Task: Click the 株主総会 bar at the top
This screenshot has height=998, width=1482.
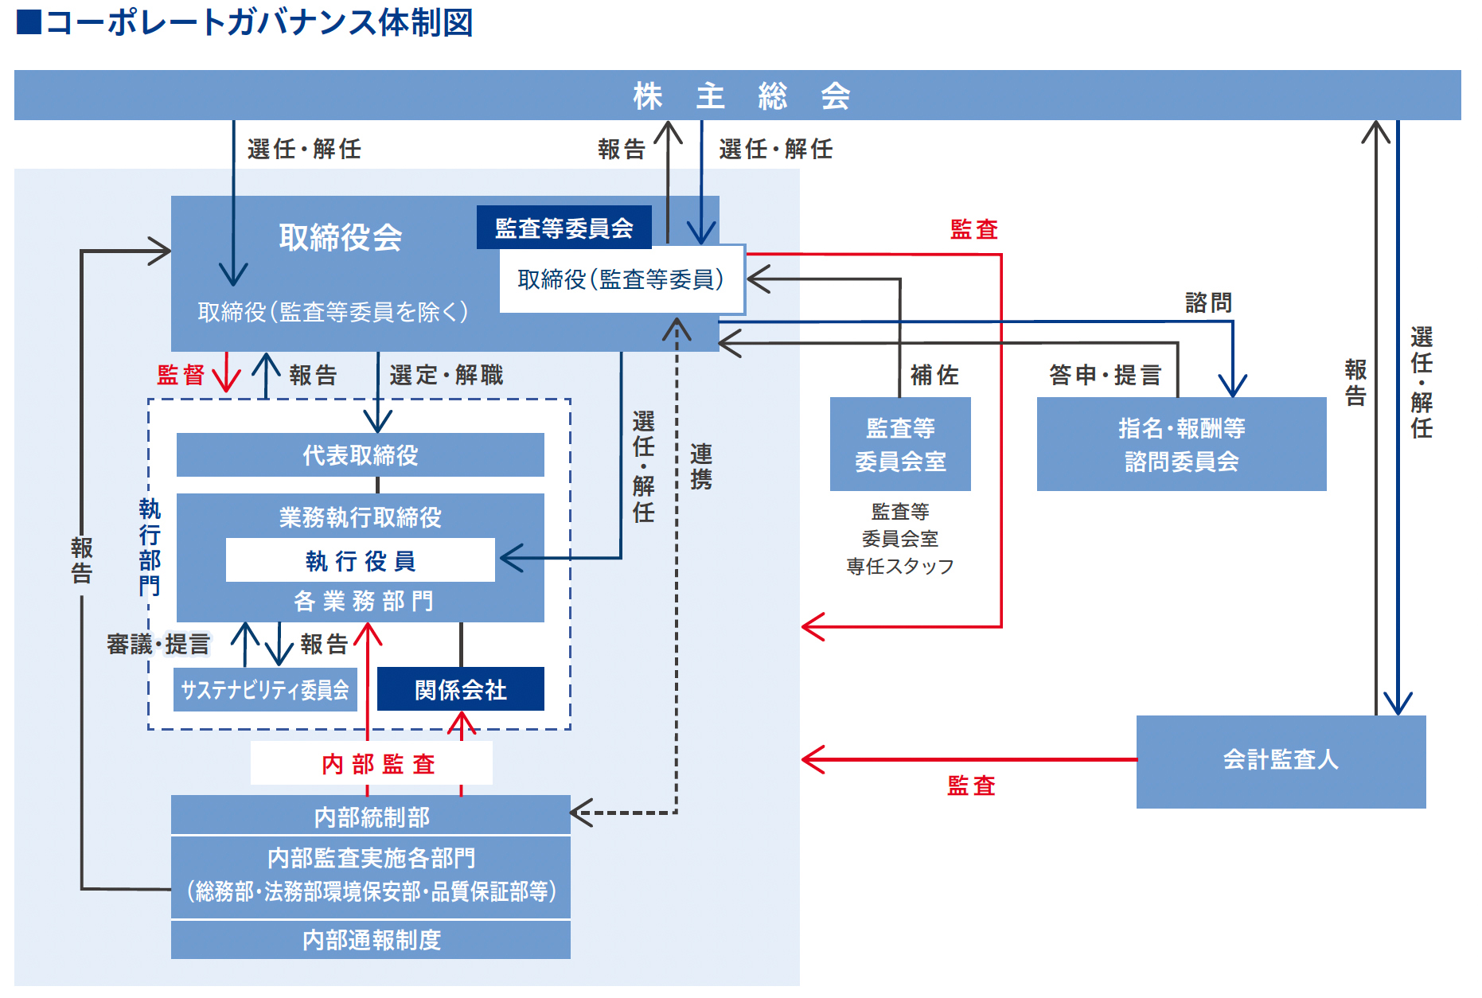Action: click(738, 96)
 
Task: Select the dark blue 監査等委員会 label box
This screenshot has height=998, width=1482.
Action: click(564, 228)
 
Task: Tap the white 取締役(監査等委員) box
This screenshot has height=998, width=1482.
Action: click(621, 279)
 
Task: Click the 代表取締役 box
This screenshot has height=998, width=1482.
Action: click(360, 455)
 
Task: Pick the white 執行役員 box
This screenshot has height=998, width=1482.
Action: click(360, 560)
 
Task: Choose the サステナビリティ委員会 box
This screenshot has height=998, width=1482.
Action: click(265, 689)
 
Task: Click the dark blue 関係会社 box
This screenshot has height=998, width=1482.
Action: click(460, 689)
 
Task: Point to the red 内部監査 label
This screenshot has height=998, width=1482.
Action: click(378, 764)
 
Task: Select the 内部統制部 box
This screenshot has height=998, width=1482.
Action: click(371, 816)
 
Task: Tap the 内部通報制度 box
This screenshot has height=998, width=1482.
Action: click(371, 940)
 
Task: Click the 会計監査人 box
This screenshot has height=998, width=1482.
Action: click(1281, 761)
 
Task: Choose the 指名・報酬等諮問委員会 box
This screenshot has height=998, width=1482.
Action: click(1181, 444)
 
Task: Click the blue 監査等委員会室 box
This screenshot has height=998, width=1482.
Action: click(900, 444)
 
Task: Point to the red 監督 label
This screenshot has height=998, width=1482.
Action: click(181, 375)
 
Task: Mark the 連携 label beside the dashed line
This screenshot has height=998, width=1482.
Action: click(701, 466)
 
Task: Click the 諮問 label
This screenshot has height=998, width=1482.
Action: click(1208, 302)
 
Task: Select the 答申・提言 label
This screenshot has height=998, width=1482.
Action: click(1105, 375)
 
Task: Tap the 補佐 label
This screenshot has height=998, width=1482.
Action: click(934, 375)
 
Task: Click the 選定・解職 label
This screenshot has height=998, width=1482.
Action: click(446, 375)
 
